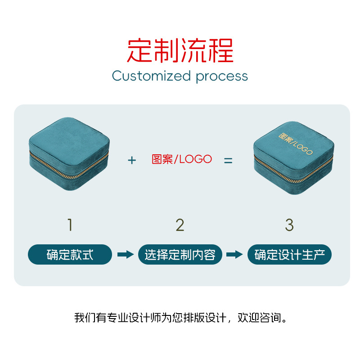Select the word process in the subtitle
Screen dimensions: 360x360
[x=222, y=76]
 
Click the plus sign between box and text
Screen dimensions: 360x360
[x=131, y=160]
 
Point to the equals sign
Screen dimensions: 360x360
[x=229, y=160]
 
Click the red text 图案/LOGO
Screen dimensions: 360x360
[x=181, y=159]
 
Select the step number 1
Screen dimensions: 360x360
[x=70, y=225]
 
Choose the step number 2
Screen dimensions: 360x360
[x=180, y=225]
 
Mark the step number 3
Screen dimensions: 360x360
[x=289, y=225]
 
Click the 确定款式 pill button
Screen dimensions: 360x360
[x=70, y=255]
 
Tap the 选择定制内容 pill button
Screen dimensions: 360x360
[x=180, y=255]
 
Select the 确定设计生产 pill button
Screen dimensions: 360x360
[x=289, y=255]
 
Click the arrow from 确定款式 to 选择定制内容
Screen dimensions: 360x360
[x=125, y=255]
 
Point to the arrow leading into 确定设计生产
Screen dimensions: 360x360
[x=234, y=255]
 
